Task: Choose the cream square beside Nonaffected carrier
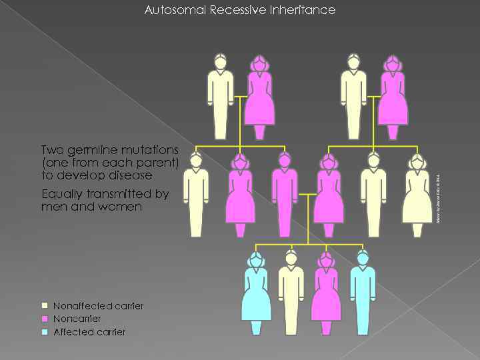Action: [x=45, y=306]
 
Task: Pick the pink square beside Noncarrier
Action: [x=45, y=319]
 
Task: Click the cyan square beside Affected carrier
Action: [x=45, y=332]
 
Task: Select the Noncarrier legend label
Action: [x=77, y=319]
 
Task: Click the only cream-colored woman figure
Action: [x=417, y=197]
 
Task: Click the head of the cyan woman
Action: [x=256, y=259]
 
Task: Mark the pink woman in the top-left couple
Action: [x=259, y=97]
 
